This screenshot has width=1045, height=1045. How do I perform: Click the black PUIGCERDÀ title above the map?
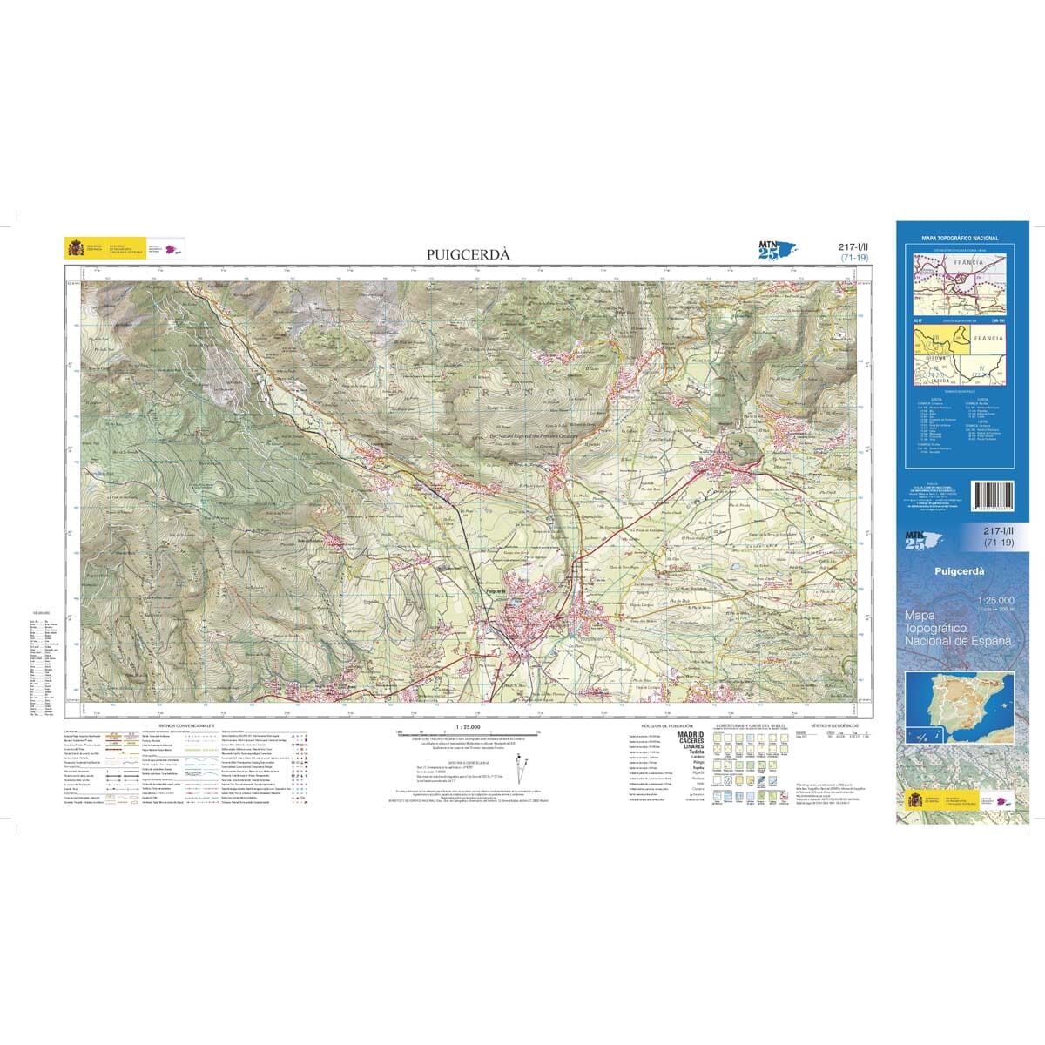coord(469,253)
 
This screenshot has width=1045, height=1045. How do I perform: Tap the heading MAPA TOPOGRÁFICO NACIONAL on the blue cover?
coord(960,238)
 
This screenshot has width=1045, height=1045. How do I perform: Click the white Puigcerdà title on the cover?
coord(958,571)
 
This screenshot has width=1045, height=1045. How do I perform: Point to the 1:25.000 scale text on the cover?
coord(996,601)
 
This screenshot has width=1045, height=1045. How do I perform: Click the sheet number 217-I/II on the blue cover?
coord(999,531)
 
